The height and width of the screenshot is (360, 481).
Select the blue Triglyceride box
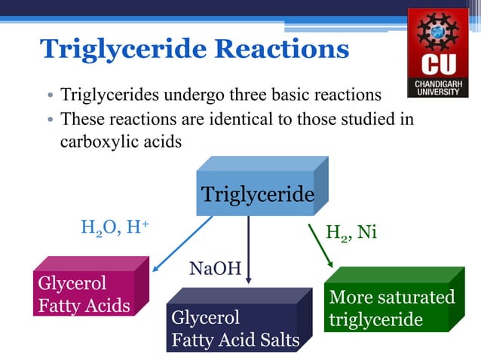pyautogui.click(x=256, y=194)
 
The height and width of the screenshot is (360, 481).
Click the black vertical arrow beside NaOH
pyautogui.click(x=249, y=249)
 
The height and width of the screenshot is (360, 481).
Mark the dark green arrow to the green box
pyautogui.click(x=321, y=243)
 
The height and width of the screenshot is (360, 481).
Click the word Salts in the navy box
pyautogui.click(x=278, y=340)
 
